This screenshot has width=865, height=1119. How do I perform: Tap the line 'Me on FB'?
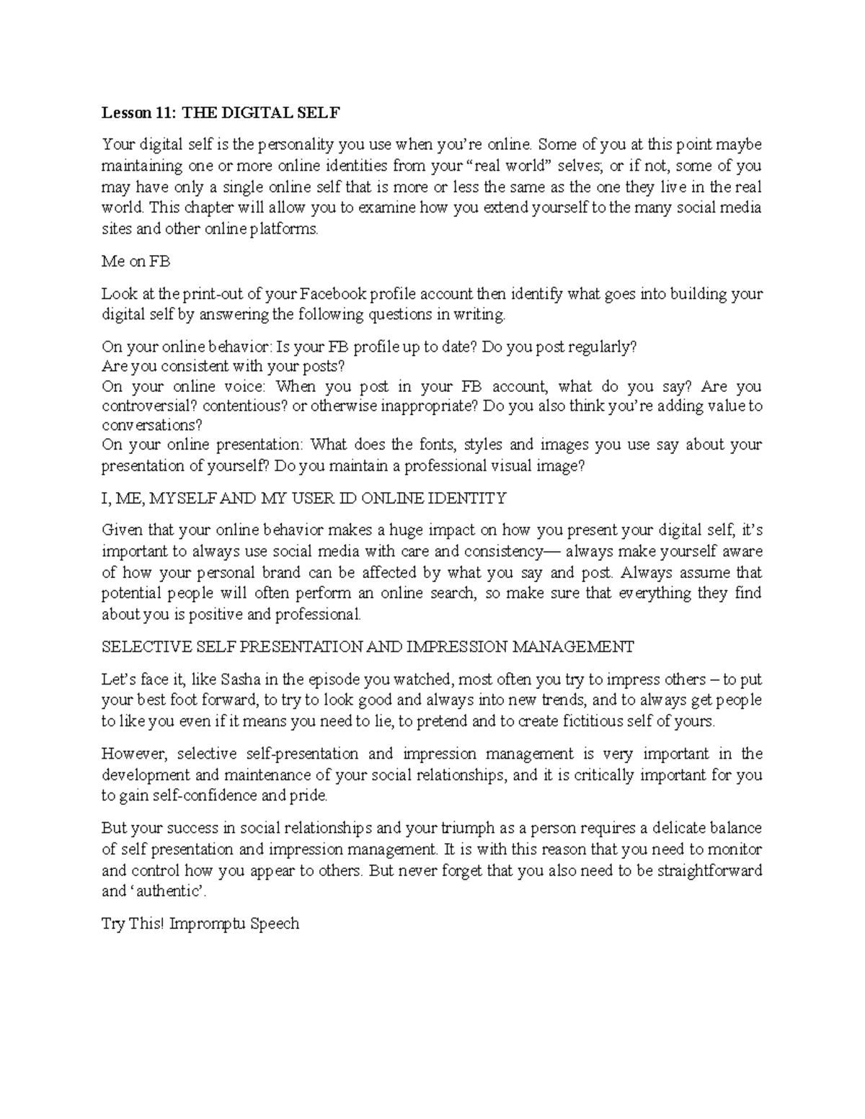[136, 262]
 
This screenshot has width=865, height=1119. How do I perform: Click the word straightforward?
[709, 870]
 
